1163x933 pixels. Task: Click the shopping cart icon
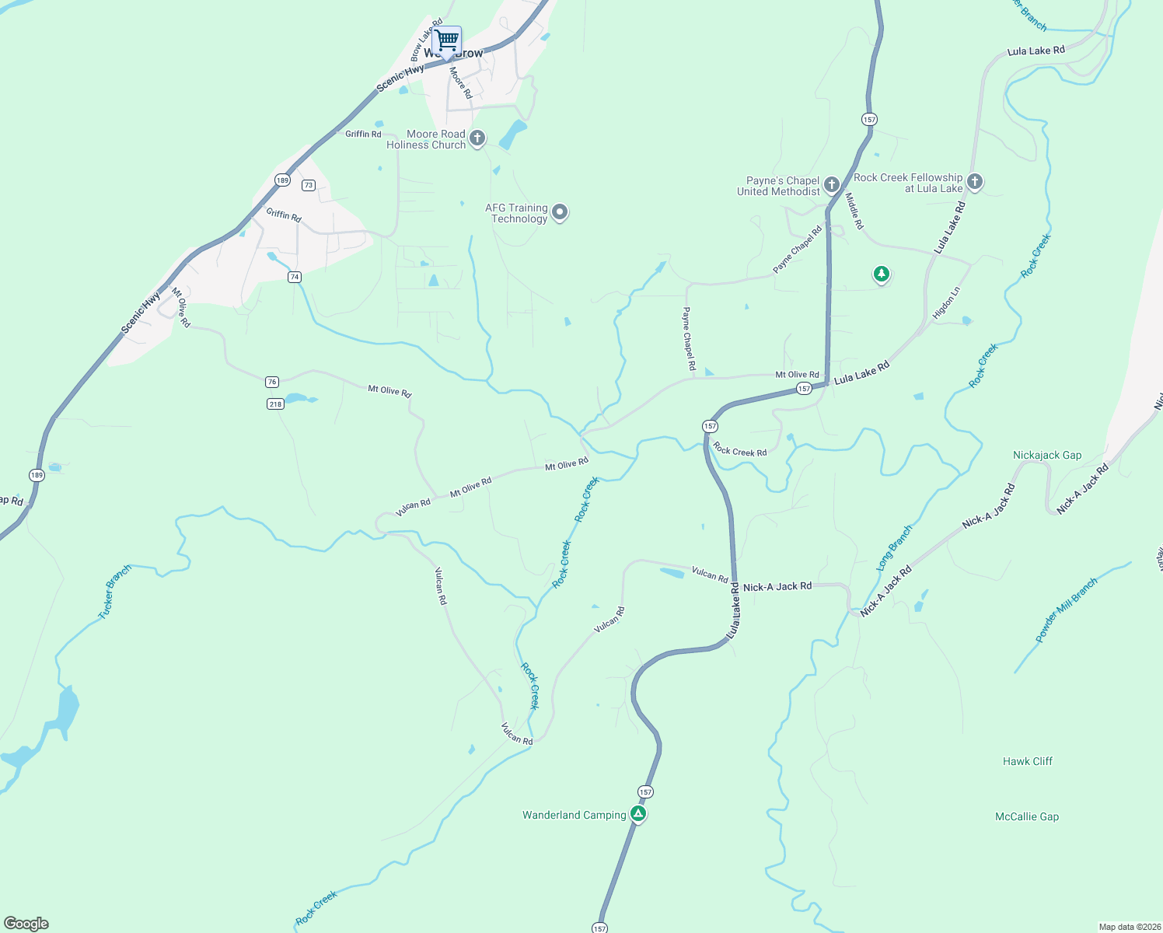(447, 40)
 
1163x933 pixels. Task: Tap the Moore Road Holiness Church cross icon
(477, 139)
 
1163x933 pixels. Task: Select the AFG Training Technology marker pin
(559, 213)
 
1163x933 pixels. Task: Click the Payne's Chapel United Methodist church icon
(832, 185)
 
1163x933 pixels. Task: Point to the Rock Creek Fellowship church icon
(975, 182)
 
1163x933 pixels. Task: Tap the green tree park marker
(881, 274)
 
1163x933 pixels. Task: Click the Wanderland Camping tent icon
(638, 814)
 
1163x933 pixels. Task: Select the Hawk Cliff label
(1027, 762)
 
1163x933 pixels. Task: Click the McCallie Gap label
(1027, 817)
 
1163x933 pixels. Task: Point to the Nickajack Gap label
(1047, 456)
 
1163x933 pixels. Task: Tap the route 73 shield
(309, 185)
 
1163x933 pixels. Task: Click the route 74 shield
(294, 277)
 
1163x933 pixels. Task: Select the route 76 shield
(271, 382)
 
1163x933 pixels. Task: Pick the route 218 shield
(275, 404)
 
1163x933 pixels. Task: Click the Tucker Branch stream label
(115, 592)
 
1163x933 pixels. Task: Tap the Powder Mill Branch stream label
(1066, 610)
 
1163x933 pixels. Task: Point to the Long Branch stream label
(894, 548)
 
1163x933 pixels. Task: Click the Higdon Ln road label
(946, 303)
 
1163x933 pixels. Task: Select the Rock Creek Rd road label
(739, 451)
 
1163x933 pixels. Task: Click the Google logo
(26, 924)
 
